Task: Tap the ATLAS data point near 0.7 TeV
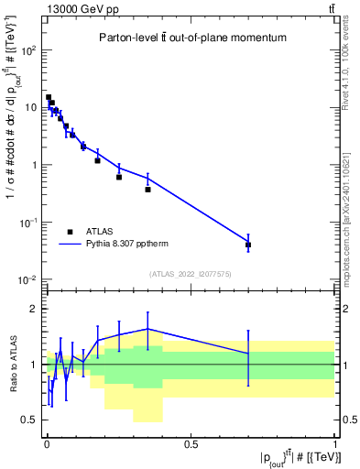(248, 245)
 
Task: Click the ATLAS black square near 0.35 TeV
(147, 190)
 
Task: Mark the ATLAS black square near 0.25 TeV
(119, 177)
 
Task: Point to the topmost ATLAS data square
(49, 97)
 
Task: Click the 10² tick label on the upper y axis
(28, 50)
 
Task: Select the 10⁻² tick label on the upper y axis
(28, 279)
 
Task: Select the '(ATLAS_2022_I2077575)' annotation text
(191, 274)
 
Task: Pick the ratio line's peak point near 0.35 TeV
(147, 329)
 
